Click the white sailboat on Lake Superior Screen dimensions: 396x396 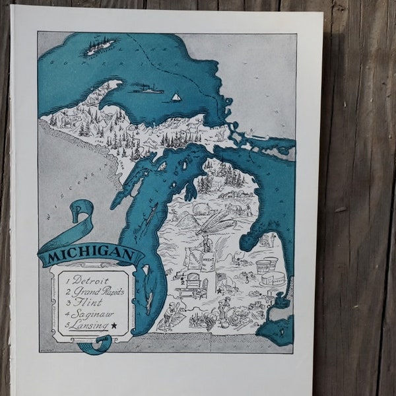click(x=176, y=96)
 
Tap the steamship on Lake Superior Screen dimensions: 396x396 click(x=147, y=88)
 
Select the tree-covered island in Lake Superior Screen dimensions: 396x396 click(x=100, y=46)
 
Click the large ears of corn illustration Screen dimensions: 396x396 click(x=215, y=224)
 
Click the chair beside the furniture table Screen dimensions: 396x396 click(x=180, y=288)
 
